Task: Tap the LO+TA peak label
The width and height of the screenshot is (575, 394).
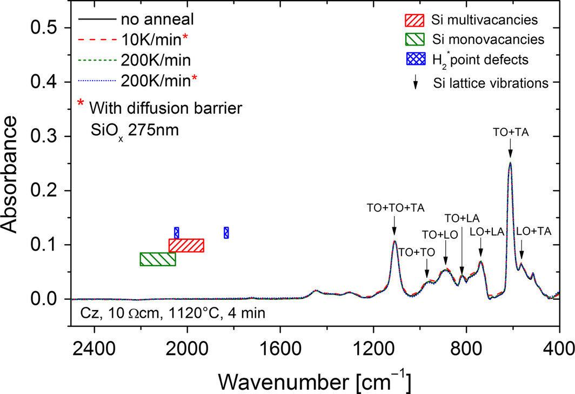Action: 534,231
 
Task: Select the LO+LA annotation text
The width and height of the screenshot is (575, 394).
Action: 487,231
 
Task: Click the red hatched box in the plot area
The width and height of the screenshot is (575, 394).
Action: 186,245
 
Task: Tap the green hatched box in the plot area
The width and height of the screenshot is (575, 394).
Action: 158,259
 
